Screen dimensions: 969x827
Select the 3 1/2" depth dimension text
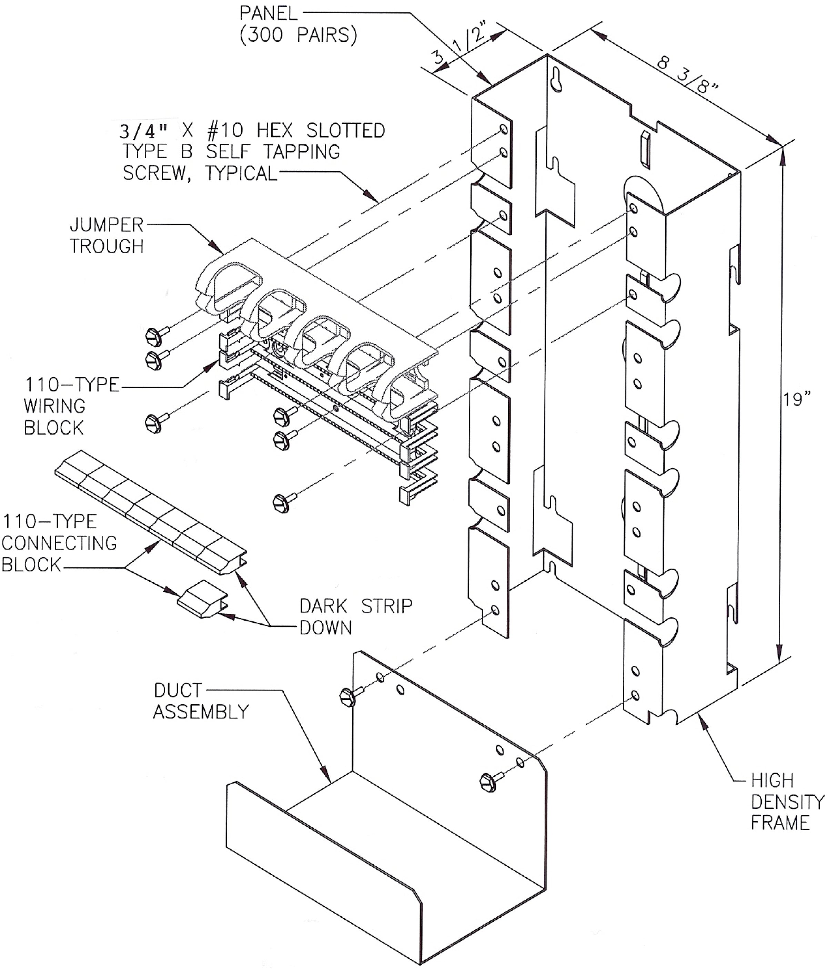point(461,47)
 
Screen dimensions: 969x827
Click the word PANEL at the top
point(268,13)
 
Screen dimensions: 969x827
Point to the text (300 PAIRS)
point(298,35)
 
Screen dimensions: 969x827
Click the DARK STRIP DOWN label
point(355,617)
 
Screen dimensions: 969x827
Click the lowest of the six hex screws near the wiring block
point(282,503)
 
